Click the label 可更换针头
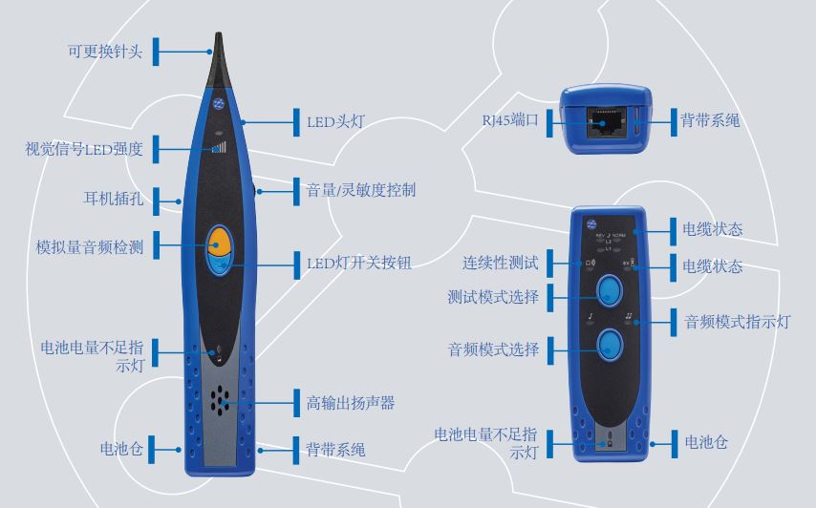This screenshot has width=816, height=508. tap(104, 52)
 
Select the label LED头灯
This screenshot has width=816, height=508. tap(334, 121)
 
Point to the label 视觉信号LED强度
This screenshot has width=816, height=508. tap(84, 149)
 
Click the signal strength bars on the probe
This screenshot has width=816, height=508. tap(221, 147)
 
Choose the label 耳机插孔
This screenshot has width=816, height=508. tap(112, 200)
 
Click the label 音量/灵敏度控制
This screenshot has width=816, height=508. tap(360, 190)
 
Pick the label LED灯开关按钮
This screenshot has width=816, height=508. tap(358, 262)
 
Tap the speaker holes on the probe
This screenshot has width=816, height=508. tap(221, 401)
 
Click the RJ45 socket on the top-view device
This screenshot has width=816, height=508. tap(606, 122)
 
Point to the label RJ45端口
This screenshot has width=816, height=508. tap(510, 120)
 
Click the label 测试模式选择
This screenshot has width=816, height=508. tap(493, 297)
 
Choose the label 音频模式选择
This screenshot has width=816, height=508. tap(493, 349)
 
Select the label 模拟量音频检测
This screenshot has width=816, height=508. tap(90, 247)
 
